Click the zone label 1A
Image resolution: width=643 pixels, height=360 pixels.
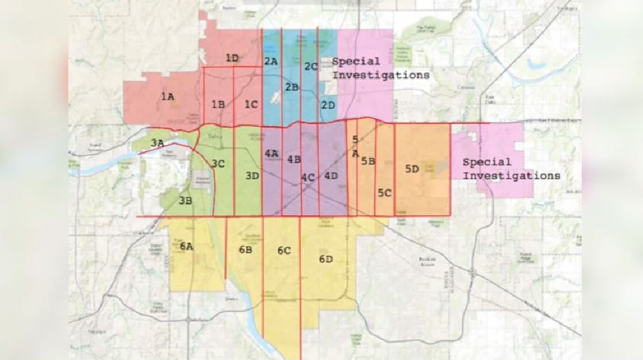[x=167, y=97]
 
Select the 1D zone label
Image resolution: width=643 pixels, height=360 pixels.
[x=232, y=58]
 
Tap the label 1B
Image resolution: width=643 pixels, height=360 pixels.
[x=218, y=104]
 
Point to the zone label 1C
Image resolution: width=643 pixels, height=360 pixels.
[x=251, y=104]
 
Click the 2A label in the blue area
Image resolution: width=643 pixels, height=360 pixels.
[x=271, y=61]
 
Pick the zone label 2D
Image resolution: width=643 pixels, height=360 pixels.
[x=327, y=104]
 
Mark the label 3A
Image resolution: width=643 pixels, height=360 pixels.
[x=157, y=143]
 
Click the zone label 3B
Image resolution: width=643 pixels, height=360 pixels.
[x=185, y=201]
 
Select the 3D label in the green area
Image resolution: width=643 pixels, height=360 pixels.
[x=252, y=175]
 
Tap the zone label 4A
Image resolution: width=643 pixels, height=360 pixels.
[x=271, y=154]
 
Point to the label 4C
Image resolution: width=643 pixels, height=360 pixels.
[x=308, y=177]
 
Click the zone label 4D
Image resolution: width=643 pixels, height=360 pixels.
[x=331, y=175]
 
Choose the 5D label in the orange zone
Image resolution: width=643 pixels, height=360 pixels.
[x=411, y=169]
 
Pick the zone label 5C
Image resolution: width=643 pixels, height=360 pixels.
[x=384, y=192]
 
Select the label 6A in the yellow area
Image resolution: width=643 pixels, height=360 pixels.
[x=187, y=246]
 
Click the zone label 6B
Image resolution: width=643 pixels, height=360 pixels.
[x=245, y=249]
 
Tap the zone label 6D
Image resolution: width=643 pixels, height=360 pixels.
[x=326, y=259]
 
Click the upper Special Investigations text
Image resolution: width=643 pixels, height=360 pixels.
[x=380, y=68]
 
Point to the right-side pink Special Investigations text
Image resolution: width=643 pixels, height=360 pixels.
[x=511, y=169]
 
